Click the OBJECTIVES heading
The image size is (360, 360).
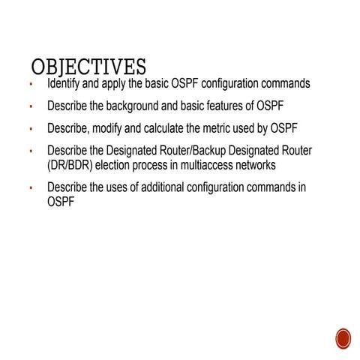click(88, 67)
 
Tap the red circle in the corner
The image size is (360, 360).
click(343, 338)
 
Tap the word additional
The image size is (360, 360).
click(160, 187)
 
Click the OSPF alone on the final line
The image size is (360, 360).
click(61, 202)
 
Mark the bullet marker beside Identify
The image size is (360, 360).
click(31, 85)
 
